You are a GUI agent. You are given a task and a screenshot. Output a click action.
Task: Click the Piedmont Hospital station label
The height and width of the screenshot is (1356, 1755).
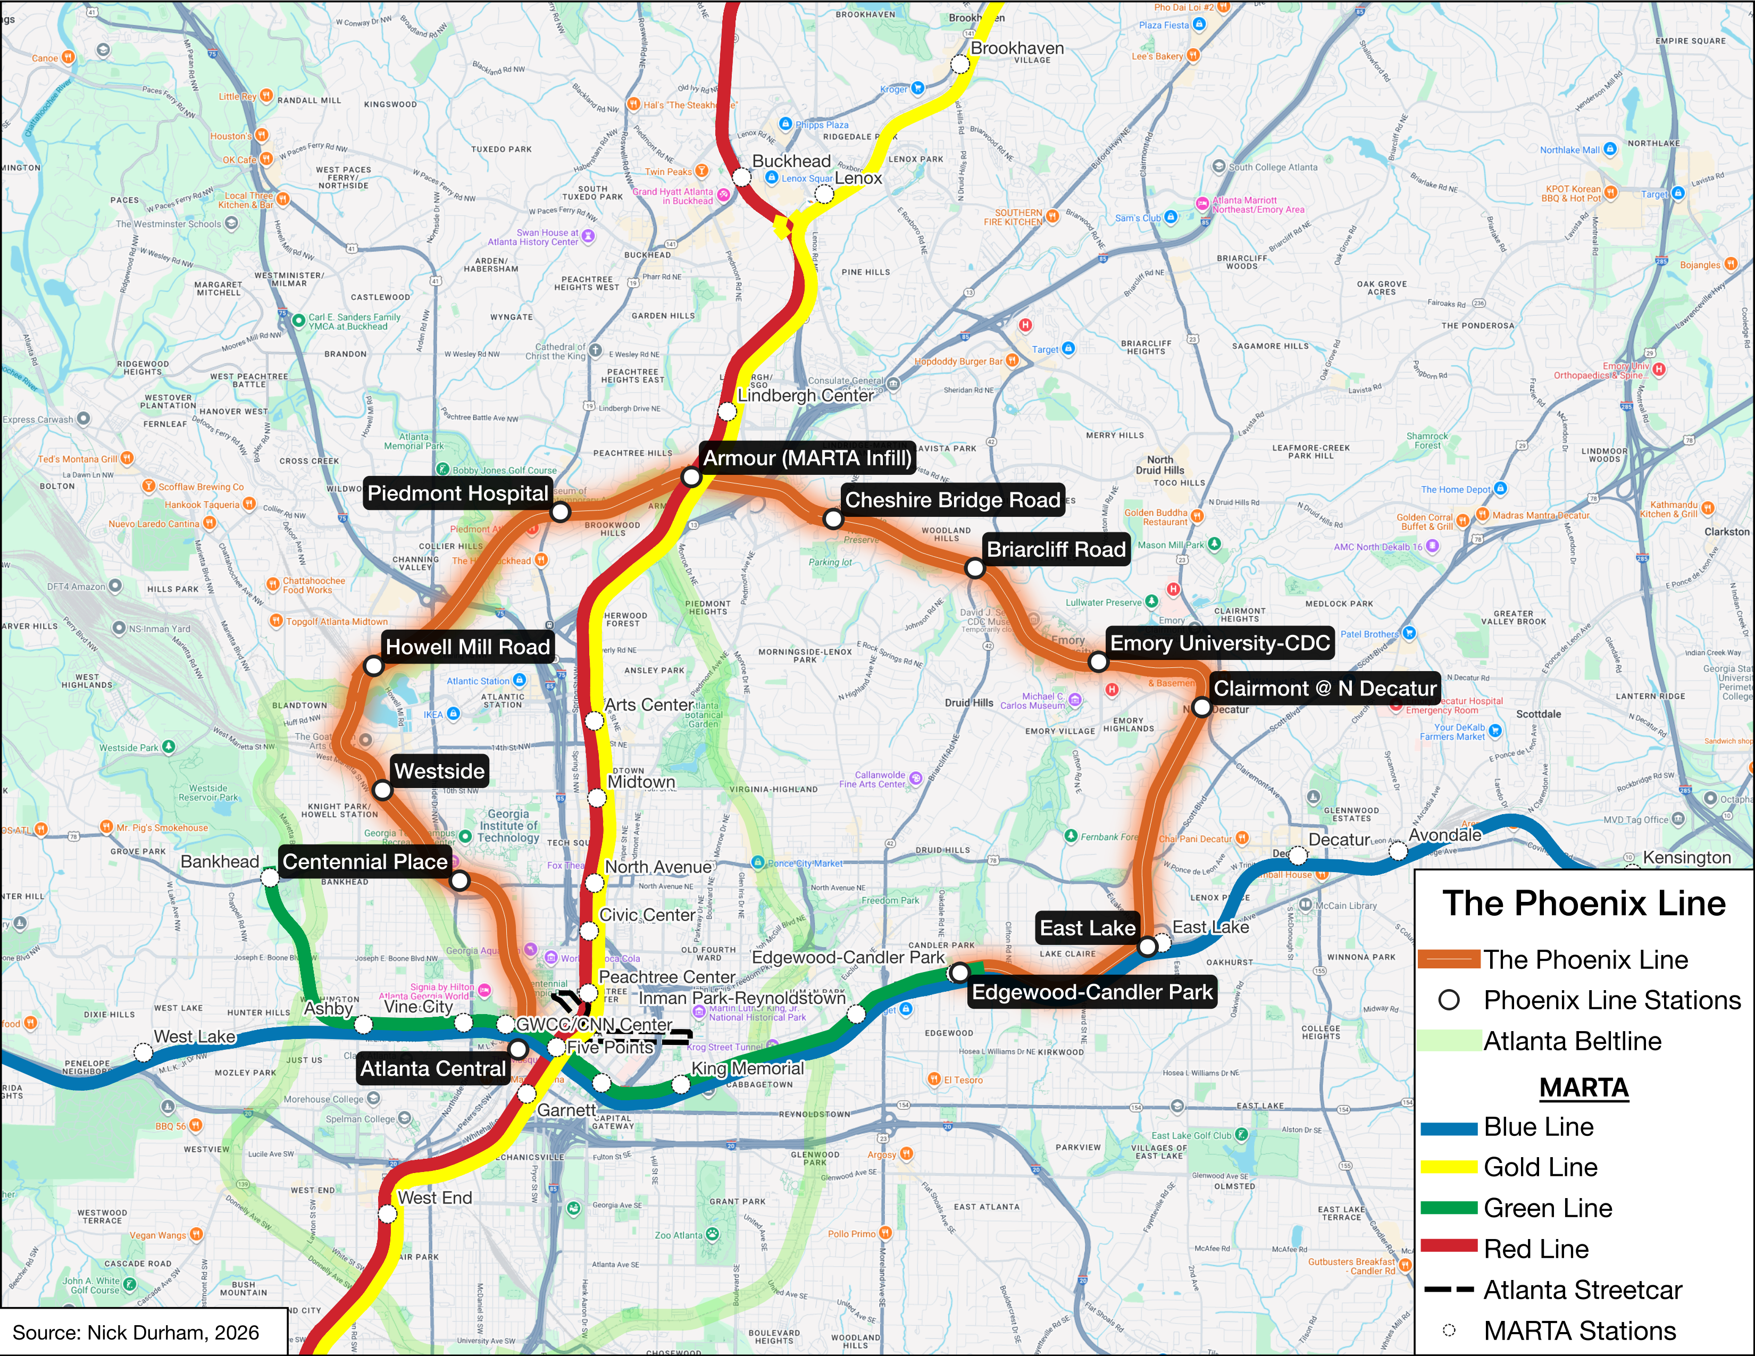[x=457, y=493]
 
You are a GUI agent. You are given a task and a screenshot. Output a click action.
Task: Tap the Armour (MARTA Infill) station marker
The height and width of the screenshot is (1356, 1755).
[x=691, y=477]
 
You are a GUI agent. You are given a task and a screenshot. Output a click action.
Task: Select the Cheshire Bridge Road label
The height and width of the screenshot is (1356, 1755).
[x=952, y=500]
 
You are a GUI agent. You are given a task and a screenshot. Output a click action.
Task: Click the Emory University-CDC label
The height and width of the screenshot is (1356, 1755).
[x=1220, y=643]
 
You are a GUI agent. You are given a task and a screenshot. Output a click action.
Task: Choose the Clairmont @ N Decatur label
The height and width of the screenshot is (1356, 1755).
[x=1324, y=689]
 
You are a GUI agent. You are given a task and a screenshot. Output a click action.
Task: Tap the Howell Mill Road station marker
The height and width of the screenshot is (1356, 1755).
[x=374, y=666]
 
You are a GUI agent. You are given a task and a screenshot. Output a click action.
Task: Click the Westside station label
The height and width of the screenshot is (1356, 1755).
[x=440, y=771]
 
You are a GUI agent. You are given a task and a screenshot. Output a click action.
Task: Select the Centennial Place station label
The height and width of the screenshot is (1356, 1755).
[x=365, y=862]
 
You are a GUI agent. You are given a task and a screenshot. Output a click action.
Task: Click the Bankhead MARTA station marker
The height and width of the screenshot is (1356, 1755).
[x=271, y=878]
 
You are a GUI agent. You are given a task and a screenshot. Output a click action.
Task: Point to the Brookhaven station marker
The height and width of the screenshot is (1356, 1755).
[x=960, y=64]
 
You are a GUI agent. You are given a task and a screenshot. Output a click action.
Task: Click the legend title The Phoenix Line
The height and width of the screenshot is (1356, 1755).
[x=1583, y=903]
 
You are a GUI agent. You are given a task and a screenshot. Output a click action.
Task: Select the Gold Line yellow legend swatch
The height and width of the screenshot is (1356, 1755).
[x=1449, y=1167]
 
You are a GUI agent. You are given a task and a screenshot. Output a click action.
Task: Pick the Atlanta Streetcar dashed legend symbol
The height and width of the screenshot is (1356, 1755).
[x=1449, y=1290]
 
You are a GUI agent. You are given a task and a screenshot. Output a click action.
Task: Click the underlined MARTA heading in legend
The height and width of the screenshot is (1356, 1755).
[x=1583, y=1087]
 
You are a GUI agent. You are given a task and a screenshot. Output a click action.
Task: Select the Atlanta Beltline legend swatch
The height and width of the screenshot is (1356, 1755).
[x=1449, y=1041]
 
